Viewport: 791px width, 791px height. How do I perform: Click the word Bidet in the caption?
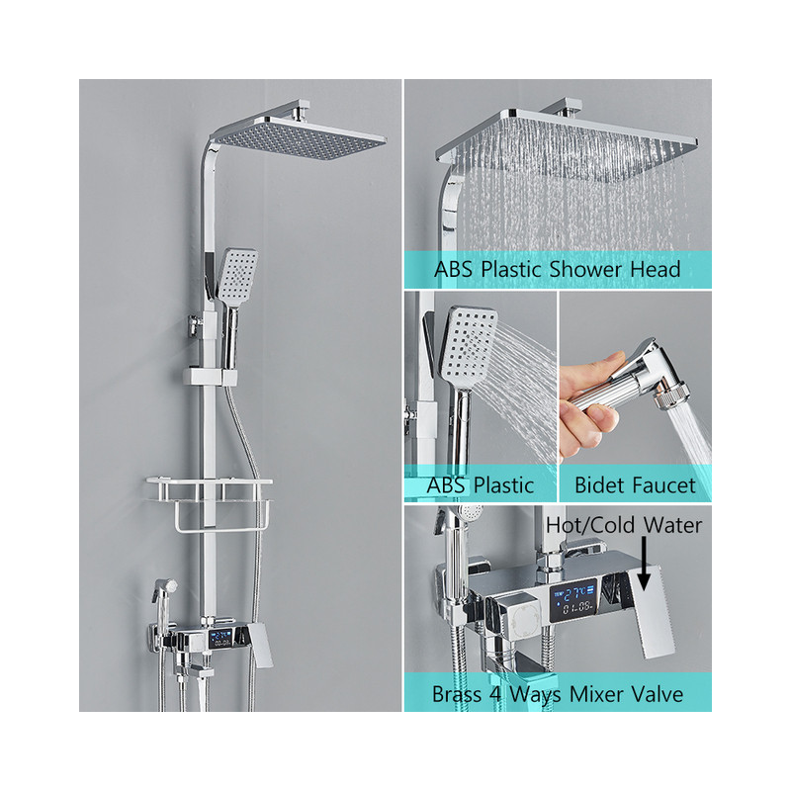coord(596,485)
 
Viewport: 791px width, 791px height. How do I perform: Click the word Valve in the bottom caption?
coord(658,694)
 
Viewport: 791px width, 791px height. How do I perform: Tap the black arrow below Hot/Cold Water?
coord(644,564)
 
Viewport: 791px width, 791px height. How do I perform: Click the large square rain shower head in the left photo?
coord(298,137)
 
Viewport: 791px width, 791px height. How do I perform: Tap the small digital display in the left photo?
coord(220,639)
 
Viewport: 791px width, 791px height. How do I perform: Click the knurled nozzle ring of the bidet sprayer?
coord(671,394)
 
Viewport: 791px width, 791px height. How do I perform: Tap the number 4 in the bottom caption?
coord(495,694)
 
